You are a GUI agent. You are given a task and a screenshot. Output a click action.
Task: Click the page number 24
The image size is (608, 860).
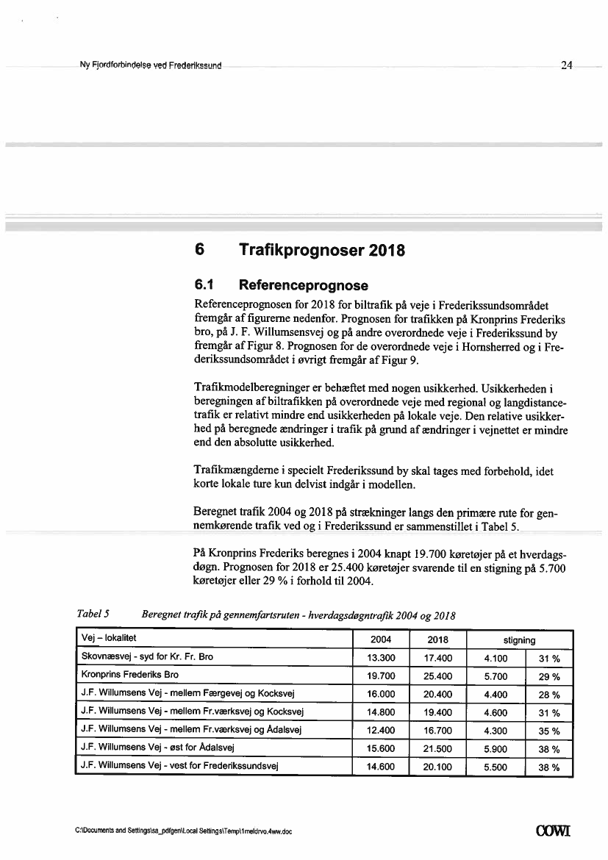tap(566, 65)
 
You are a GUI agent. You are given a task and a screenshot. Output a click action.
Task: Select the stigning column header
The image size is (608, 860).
tap(519, 640)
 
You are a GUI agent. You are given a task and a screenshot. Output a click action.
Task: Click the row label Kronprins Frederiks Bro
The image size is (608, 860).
tap(129, 675)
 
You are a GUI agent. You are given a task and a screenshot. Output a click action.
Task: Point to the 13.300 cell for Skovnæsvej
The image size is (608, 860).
tap(381, 657)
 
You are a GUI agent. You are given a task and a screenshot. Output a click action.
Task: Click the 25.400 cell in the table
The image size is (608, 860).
tap(438, 675)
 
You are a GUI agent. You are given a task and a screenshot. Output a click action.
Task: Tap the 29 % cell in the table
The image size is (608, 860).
tap(549, 676)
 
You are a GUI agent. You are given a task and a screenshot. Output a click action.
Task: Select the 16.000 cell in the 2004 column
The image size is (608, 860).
tap(381, 694)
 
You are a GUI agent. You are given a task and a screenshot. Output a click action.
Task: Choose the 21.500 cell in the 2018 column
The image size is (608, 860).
tap(438, 749)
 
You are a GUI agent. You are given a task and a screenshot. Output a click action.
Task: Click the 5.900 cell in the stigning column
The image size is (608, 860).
tap(496, 749)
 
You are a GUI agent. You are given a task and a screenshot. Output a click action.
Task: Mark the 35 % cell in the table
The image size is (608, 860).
tap(549, 731)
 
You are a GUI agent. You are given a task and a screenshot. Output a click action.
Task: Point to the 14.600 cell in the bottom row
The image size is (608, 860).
tap(381, 767)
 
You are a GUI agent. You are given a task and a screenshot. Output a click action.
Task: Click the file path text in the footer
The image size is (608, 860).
tap(184, 832)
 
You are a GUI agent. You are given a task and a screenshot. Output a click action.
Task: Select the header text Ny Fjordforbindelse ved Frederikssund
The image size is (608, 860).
tap(151, 65)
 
